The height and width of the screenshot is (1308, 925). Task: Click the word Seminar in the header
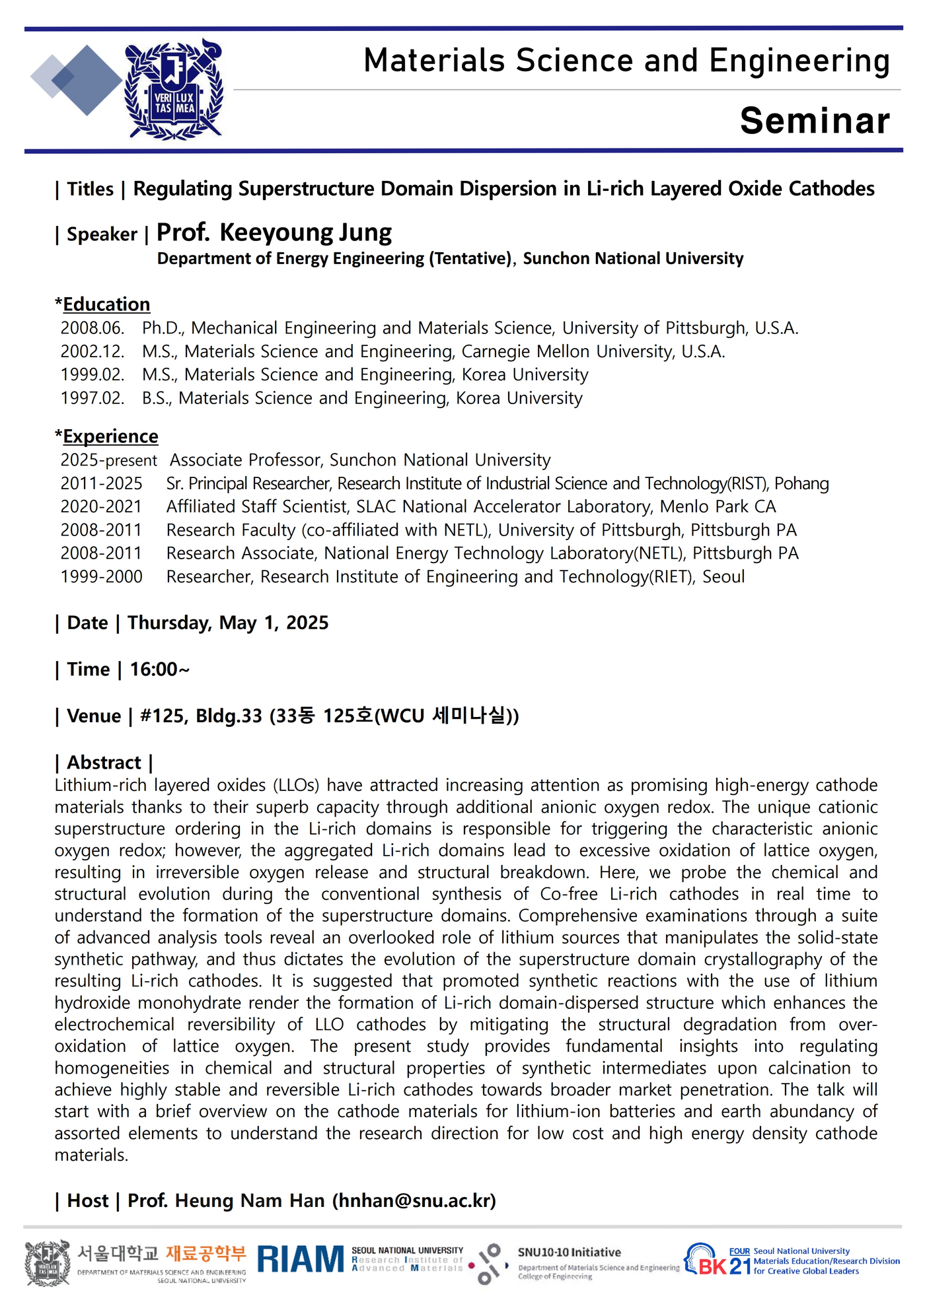814,121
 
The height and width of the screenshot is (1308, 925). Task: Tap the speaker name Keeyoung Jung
305,232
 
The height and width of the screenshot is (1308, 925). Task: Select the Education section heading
106,304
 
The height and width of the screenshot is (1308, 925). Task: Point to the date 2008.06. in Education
92,328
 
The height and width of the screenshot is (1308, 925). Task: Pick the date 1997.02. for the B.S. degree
92,398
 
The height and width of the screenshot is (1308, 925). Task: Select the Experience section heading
110,436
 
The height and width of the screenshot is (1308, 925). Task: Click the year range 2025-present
109,460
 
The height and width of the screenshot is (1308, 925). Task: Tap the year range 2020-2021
101,506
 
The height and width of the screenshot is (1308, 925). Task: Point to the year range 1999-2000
101,576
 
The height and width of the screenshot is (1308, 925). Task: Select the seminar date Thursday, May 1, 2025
228,623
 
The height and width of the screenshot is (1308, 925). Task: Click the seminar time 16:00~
160,670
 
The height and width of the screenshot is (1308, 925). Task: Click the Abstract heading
104,763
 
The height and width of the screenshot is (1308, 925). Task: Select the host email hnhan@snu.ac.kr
414,1200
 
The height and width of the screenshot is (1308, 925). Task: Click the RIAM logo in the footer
301,1259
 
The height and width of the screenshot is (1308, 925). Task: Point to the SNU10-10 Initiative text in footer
569,1253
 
